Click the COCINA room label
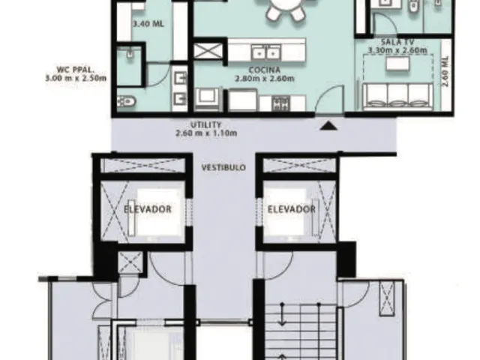click(x=265, y=70)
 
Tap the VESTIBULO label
click(x=223, y=168)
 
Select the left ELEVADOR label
click(x=147, y=209)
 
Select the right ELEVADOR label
click(x=292, y=209)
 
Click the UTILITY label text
click(x=205, y=125)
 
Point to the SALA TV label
click(x=397, y=42)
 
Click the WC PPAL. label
click(x=74, y=69)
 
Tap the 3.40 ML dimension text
click(x=148, y=24)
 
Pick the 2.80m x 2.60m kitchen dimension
click(x=265, y=79)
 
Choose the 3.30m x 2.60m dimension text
click(x=397, y=50)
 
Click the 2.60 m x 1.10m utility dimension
click(x=206, y=133)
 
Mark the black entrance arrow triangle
click(x=328, y=125)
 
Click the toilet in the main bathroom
click(x=126, y=100)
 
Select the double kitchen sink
click(x=265, y=52)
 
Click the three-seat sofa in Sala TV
click(x=397, y=96)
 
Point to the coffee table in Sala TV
click(x=398, y=64)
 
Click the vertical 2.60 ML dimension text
click(x=445, y=71)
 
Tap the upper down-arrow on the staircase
click(x=282, y=314)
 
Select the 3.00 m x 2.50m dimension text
click(x=76, y=78)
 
